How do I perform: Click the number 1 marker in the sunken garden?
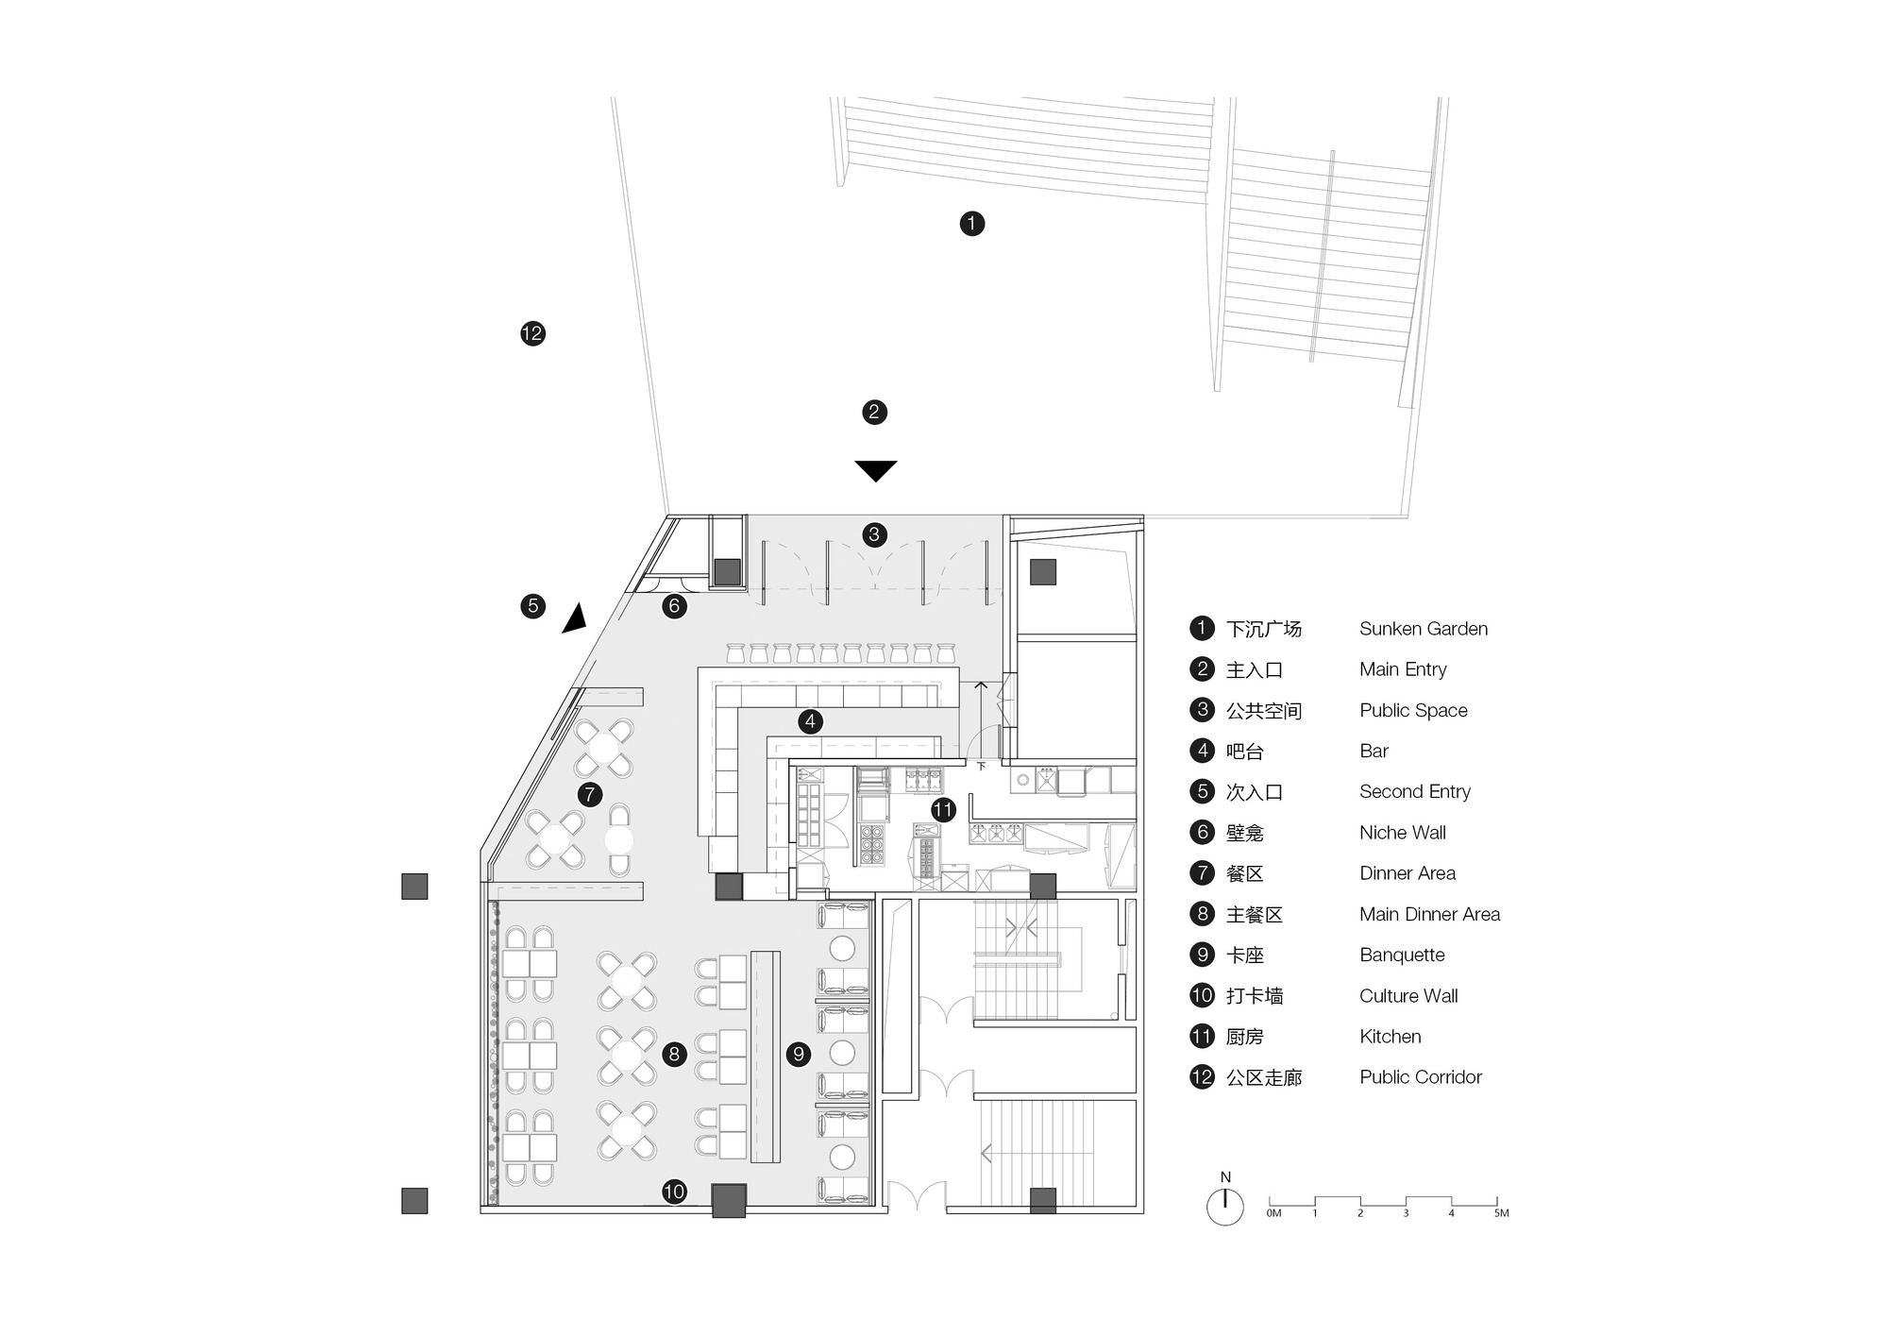point(972,224)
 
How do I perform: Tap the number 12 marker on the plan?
point(532,333)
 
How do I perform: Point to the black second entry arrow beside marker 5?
point(575,618)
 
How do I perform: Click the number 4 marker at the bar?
point(810,721)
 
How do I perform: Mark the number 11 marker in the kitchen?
point(943,809)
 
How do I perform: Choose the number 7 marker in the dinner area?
point(590,794)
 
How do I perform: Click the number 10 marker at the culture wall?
point(674,1192)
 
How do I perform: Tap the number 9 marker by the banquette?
point(799,1054)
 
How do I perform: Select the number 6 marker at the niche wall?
point(674,606)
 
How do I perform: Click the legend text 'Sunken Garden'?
point(1424,629)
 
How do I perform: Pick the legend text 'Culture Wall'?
point(1408,996)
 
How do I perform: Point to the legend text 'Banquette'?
point(1402,955)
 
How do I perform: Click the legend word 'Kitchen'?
point(1391,1037)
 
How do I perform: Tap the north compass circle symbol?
point(1225,1208)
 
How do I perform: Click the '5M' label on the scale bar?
point(1501,1213)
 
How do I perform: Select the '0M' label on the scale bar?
point(1274,1213)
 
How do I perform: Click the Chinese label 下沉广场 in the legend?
point(1264,629)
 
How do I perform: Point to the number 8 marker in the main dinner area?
point(674,1054)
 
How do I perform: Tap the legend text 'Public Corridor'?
point(1421,1077)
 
